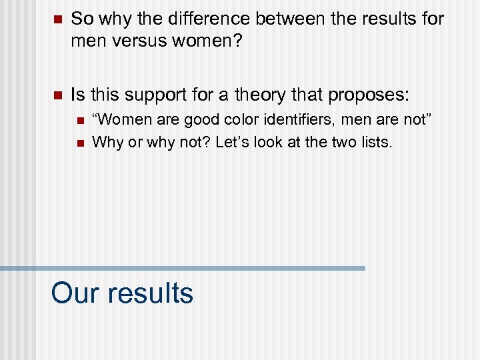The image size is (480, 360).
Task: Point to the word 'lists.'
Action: coord(377,141)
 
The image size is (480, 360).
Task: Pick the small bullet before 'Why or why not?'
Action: coord(80,142)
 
